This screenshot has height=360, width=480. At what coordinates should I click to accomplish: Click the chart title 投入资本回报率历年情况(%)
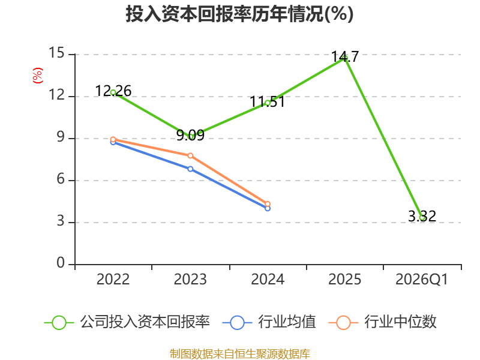[x=239, y=14]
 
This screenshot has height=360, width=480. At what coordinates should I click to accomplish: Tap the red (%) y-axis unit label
[x=38, y=76]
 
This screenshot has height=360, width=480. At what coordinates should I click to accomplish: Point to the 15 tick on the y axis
[x=56, y=53]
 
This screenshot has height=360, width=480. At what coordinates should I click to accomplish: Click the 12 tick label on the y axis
[x=56, y=95]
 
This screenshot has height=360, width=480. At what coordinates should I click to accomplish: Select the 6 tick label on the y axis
[x=61, y=179]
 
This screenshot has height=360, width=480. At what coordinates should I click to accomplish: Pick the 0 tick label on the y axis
[x=61, y=263]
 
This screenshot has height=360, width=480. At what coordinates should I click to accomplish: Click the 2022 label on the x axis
[x=113, y=280]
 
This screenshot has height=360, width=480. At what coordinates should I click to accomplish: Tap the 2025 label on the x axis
[x=344, y=280]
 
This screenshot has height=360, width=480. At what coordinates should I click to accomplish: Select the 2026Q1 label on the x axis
[x=422, y=280]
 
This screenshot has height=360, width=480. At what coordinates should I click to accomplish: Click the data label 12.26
[x=113, y=91]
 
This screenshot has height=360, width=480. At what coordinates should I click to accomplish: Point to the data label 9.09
[x=190, y=135]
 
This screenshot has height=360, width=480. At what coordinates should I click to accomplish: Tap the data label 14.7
[x=345, y=57]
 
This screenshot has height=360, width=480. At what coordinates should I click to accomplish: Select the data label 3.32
[x=422, y=217]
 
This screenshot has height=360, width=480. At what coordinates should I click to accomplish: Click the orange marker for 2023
[x=190, y=156]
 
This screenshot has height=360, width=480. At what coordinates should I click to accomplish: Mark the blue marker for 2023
[x=190, y=169]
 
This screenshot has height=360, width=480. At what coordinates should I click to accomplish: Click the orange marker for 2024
[x=268, y=204]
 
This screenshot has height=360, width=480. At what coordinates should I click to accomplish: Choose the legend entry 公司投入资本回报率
[x=127, y=322]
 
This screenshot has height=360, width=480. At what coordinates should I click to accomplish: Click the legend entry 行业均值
[x=269, y=322]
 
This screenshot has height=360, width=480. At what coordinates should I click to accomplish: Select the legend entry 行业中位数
[x=382, y=322]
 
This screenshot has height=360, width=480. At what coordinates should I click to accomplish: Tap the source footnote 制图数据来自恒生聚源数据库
[x=240, y=354]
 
